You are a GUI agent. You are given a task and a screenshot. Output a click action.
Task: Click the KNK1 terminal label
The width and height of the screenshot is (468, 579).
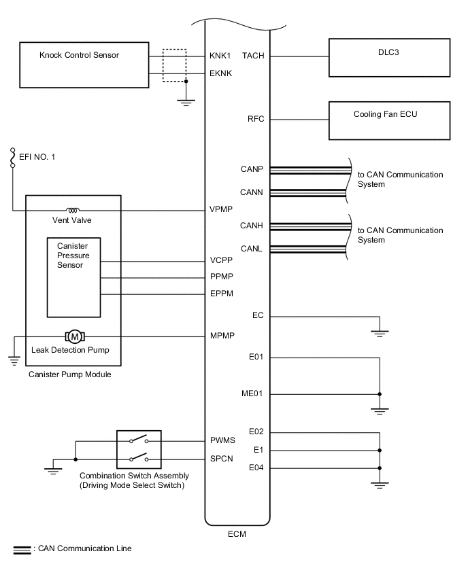[x=220, y=56]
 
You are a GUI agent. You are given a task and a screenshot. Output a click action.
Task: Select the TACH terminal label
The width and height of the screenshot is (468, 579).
[x=253, y=56]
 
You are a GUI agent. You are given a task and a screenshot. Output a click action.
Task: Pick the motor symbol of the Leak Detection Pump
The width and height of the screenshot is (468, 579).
[x=75, y=336]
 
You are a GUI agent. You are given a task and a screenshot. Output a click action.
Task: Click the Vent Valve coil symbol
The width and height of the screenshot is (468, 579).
[x=73, y=211]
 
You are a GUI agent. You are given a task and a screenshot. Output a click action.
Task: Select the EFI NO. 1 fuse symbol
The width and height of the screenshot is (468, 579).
[x=12, y=158]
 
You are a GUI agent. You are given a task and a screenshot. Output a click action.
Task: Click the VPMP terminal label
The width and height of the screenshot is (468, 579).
[x=221, y=209]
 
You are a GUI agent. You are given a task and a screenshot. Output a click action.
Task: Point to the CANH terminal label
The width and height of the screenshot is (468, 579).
[x=252, y=226]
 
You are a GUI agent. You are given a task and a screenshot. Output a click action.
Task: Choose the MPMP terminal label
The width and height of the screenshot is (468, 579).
[x=222, y=336]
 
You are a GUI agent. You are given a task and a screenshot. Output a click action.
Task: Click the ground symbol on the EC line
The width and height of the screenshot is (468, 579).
[x=380, y=334]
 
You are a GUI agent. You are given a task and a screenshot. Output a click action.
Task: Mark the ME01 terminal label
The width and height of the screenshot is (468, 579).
[x=252, y=393]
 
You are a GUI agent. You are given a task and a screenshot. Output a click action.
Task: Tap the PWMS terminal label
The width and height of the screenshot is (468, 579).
[x=222, y=440]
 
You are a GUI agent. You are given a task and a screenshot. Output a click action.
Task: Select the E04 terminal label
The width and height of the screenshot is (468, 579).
[x=256, y=468]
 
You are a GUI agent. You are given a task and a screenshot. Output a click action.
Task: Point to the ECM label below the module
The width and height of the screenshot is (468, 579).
[x=237, y=534]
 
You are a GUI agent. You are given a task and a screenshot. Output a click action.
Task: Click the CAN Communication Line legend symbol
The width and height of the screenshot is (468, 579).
[x=22, y=550]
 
